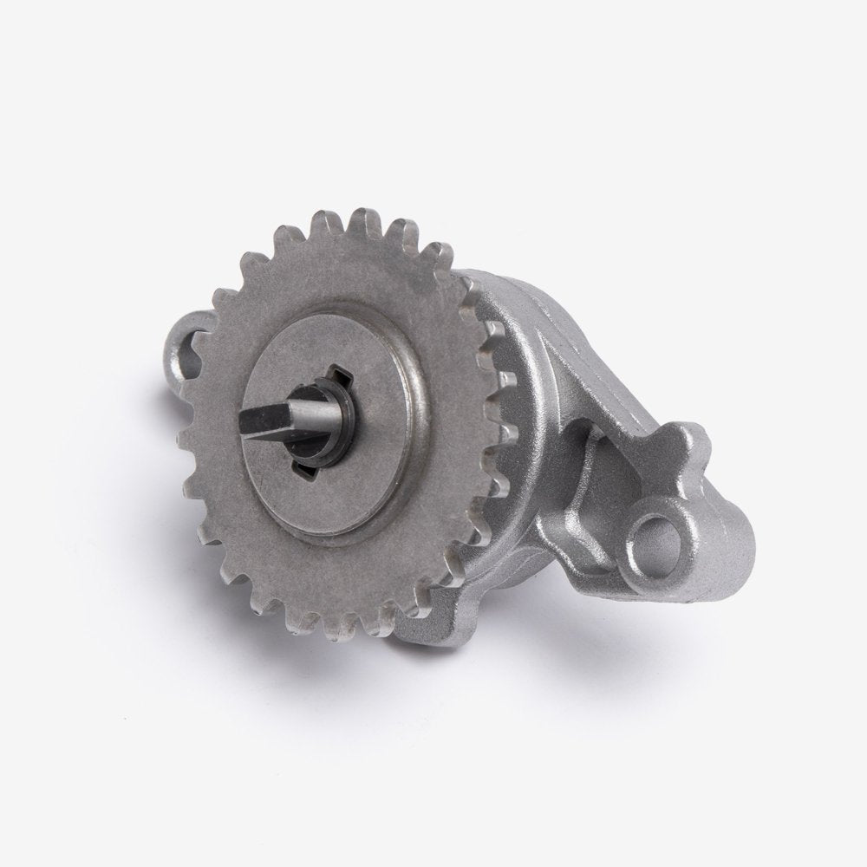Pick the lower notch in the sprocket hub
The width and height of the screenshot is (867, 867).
(305, 469)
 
